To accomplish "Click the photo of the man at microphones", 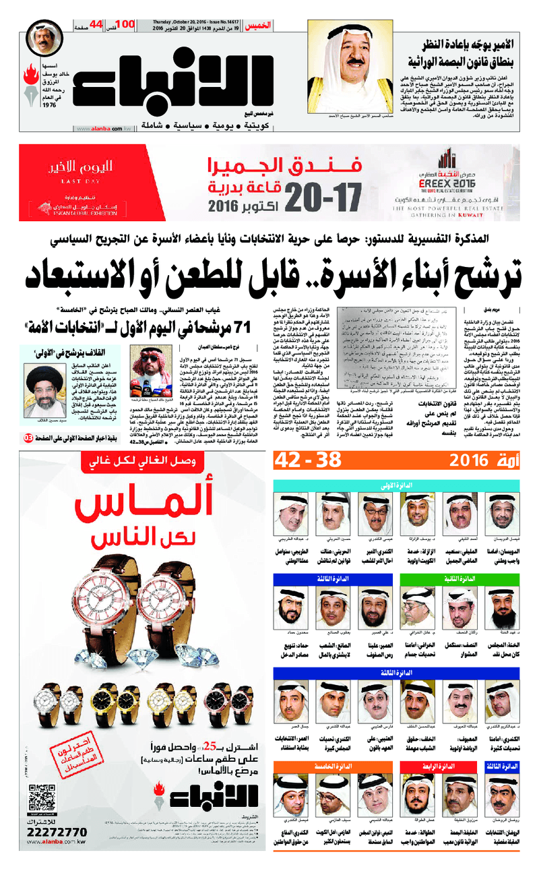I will point(148,375).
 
